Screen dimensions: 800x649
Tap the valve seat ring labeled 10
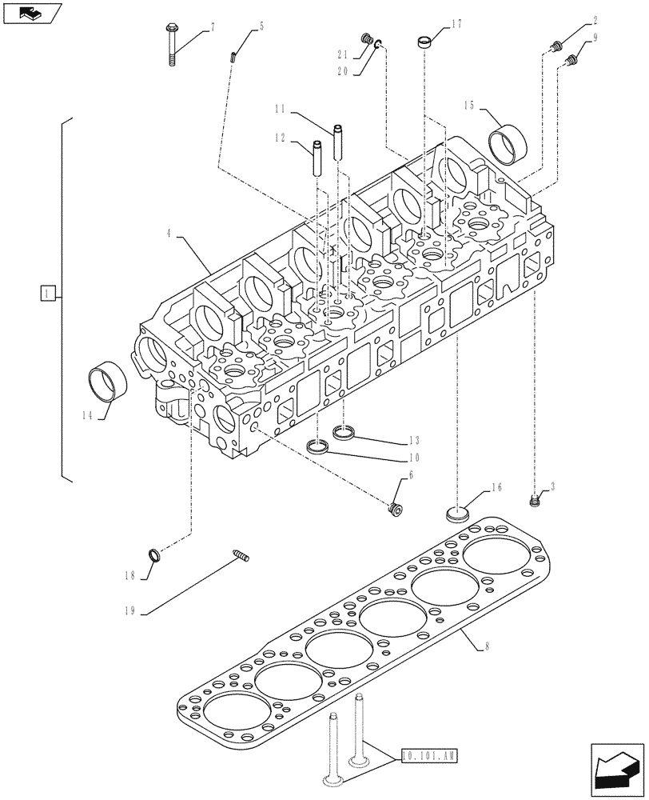pos(317,446)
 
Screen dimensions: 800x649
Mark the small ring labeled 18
pos(153,554)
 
